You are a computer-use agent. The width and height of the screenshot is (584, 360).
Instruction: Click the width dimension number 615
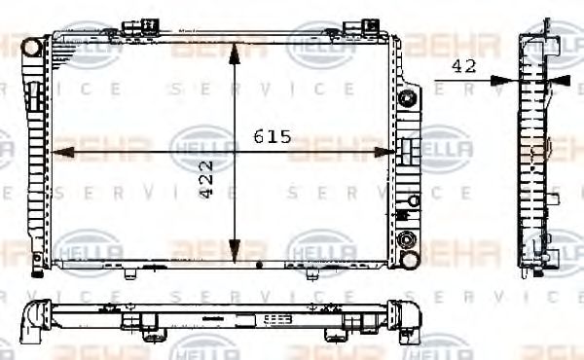coord(273,137)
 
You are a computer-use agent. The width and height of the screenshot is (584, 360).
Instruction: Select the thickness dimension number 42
coord(463,66)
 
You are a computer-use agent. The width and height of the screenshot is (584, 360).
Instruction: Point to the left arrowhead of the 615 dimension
coord(56,151)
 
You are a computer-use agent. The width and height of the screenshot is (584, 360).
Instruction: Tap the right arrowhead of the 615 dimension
coord(392,151)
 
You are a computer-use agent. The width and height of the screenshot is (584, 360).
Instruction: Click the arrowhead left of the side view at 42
coord(501,80)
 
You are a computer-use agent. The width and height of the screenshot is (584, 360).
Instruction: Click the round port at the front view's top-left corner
coord(32,46)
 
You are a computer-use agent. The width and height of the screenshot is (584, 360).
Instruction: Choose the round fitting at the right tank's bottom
coord(408,240)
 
